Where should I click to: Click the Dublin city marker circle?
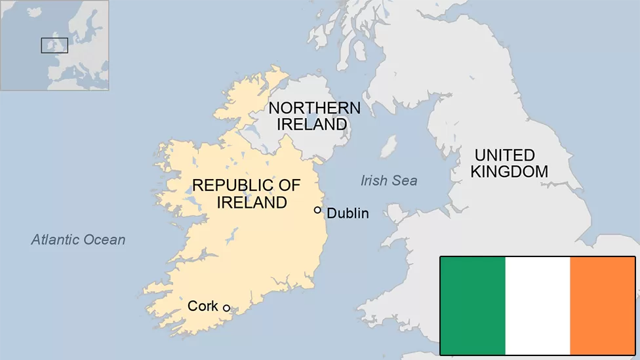(x=317, y=210)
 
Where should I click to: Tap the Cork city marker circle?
(x=226, y=308)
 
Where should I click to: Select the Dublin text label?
(x=348, y=213)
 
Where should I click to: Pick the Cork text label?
(x=203, y=306)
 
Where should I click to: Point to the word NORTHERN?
(x=314, y=108)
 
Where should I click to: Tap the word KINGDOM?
(x=509, y=172)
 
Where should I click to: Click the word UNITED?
(x=505, y=155)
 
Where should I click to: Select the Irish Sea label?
(x=389, y=180)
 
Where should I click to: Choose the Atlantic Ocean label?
(x=78, y=239)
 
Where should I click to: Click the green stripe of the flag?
(x=473, y=306)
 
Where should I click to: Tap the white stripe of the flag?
(x=538, y=306)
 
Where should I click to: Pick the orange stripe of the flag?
(x=602, y=306)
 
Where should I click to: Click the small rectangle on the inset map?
(x=54, y=45)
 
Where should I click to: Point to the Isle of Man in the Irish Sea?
(x=390, y=146)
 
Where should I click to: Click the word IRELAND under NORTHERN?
(x=311, y=124)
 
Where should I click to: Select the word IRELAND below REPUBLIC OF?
(x=252, y=203)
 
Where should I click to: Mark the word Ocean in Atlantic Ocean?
(x=106, y=239)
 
